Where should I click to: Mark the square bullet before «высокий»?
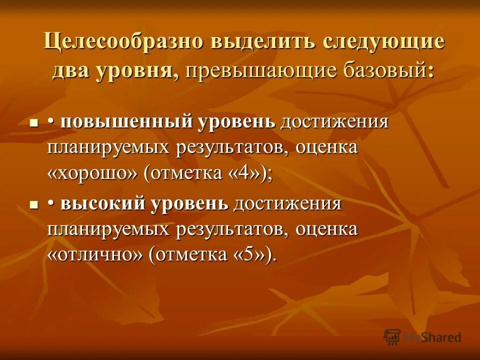pos(34,205)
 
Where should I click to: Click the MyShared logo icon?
pos(392,336)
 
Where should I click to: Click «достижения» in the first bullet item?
pos(334,122)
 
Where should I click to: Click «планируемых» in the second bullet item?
pos(110,229)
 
